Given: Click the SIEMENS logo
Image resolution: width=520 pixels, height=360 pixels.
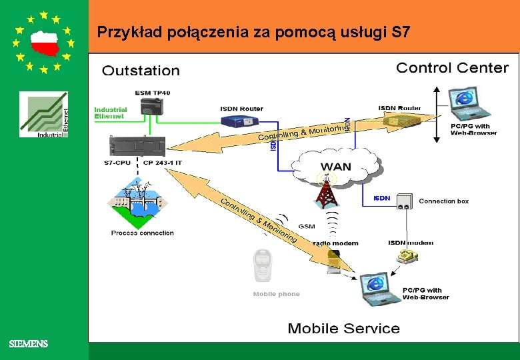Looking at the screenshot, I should (29, 344).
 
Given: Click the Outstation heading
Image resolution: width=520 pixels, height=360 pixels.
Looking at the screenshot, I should (141, 71).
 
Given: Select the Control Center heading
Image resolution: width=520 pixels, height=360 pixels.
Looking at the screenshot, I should (452, 68).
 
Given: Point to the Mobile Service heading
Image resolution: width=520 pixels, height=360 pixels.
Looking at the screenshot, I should (343, 329).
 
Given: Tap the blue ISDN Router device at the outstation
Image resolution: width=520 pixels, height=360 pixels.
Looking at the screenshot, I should (241, 121).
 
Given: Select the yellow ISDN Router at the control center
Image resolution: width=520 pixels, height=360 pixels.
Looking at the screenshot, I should (399, 121).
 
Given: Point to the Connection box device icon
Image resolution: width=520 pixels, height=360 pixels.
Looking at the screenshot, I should (404, 201).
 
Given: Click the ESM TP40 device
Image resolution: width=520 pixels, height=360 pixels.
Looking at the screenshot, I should (153, 105).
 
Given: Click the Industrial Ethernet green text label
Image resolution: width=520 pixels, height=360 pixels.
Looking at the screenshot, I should (110, 113).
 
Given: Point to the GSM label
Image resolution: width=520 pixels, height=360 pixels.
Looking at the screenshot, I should (307, 227).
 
